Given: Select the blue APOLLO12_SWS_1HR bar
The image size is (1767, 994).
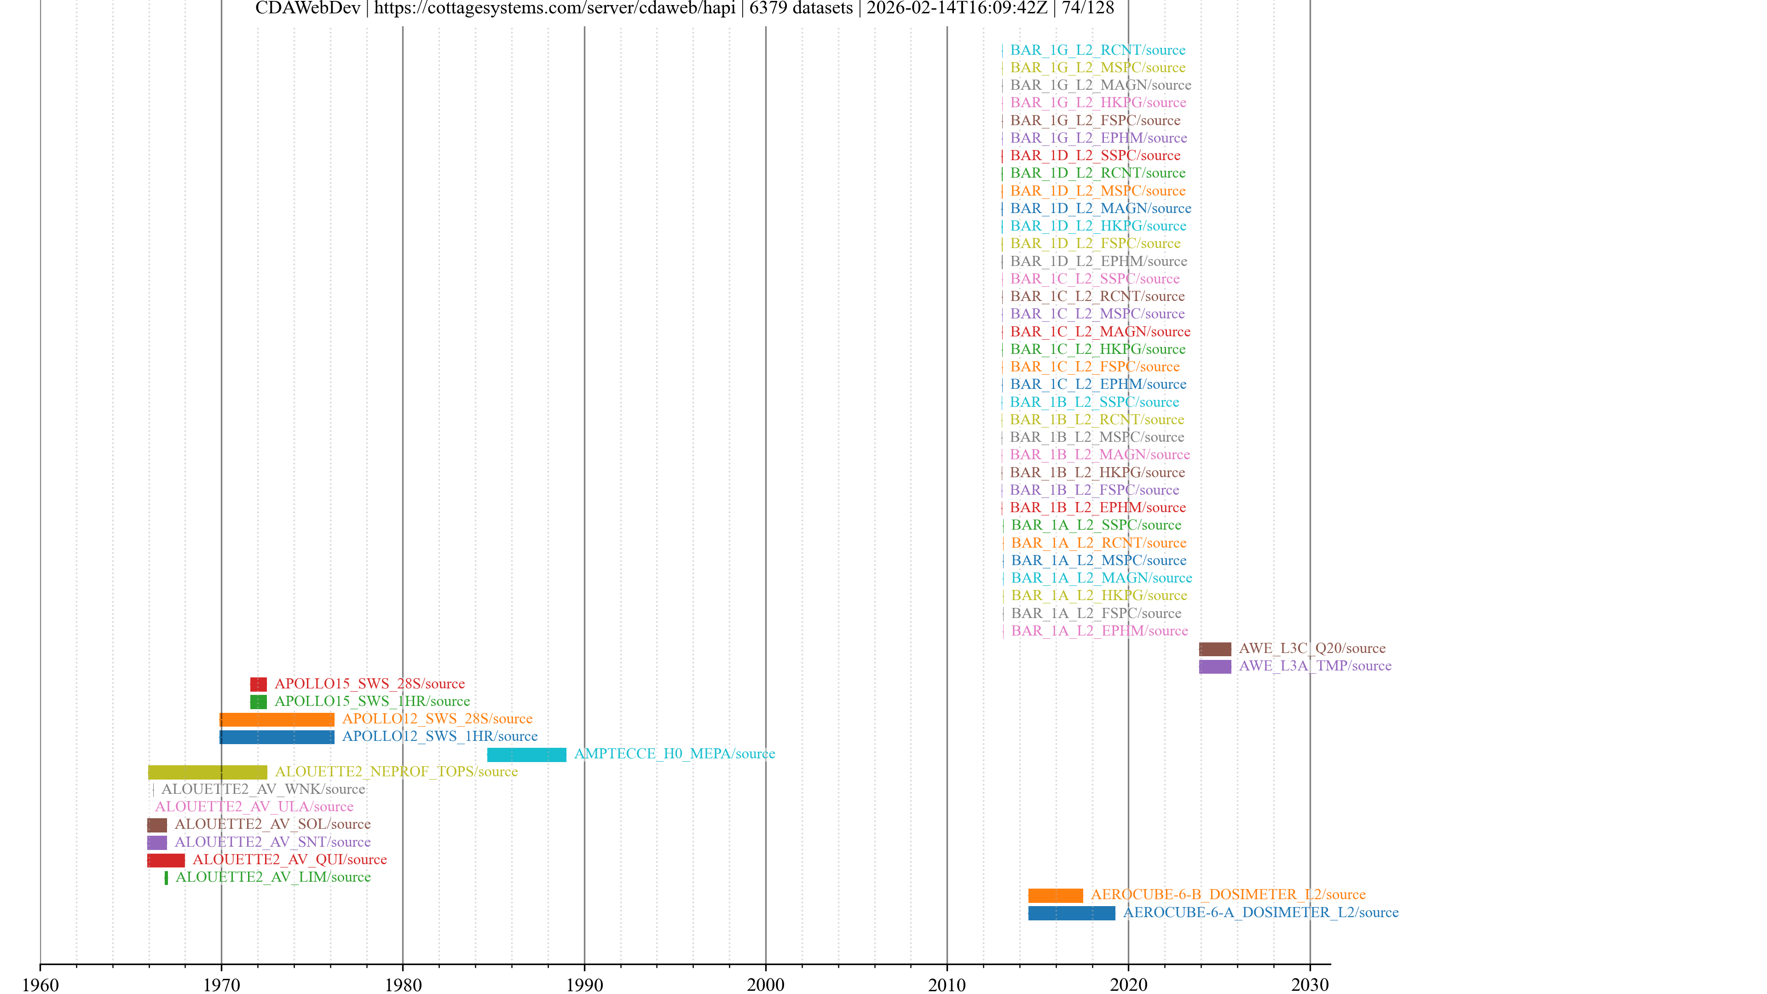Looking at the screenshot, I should point(277,737).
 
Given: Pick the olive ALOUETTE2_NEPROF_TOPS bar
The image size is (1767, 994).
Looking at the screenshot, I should point(207,773).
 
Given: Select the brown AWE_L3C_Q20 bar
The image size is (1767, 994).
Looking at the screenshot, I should point(1214,649).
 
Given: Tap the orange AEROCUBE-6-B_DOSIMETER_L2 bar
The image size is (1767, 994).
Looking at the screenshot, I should point(1055,895).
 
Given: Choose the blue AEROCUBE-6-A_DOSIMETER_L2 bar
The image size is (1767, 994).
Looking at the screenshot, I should point(1071,913).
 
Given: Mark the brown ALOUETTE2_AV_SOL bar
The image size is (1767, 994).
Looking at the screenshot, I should point(156,825).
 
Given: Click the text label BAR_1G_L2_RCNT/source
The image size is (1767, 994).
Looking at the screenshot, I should point(1097,50).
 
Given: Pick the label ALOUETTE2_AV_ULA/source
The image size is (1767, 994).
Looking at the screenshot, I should point(254,807).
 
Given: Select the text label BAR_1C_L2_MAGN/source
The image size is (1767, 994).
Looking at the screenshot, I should point(1100,332).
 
